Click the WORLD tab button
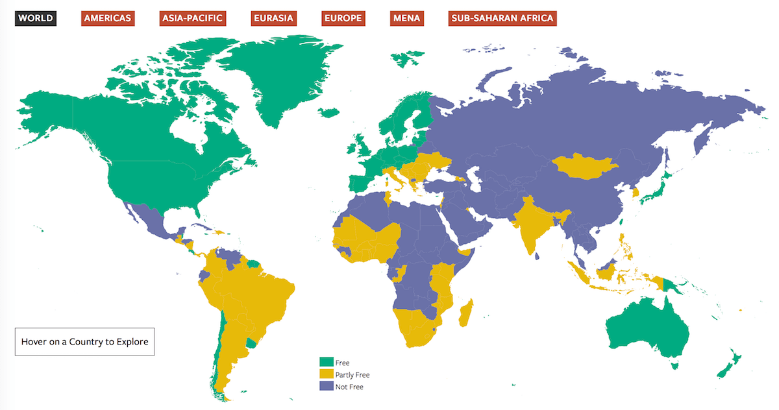36,18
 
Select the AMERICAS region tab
107,18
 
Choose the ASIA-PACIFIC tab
192,18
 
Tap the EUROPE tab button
343,18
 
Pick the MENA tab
406,18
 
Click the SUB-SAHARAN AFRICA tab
502,18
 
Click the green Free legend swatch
325,363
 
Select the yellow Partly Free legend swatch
325,374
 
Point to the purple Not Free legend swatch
325,386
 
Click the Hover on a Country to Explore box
84,341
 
